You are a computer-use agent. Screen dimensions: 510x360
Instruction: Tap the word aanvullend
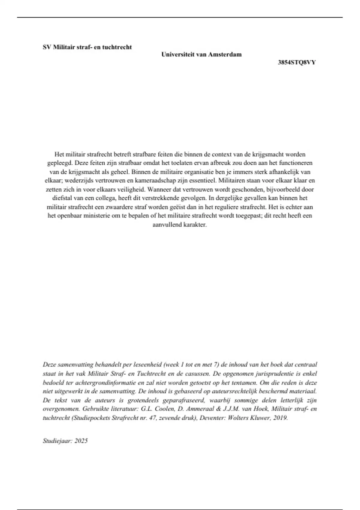(x=167, y=225)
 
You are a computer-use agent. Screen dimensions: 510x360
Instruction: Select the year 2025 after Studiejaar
(x=81, y=441)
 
